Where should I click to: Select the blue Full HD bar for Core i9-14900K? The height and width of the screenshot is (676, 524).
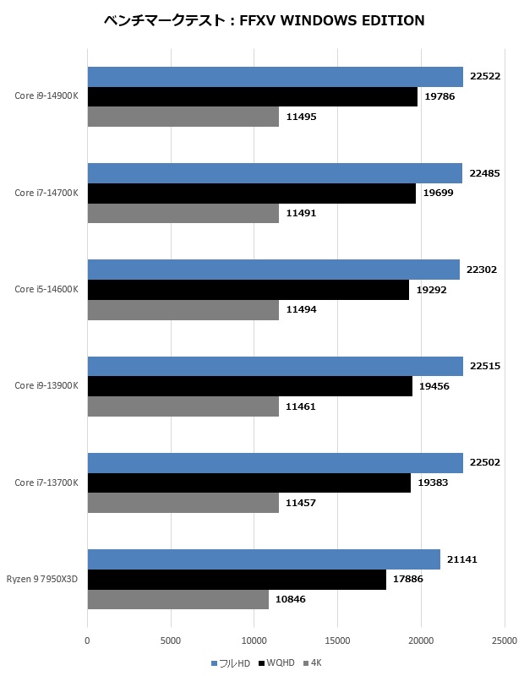[x=275, y=77]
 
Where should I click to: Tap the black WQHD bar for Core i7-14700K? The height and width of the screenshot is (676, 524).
[x=251, y=194]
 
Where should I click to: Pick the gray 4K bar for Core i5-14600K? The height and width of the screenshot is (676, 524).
[x=183, y=310]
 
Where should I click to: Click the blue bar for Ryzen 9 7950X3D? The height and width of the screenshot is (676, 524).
[x=264, y=559]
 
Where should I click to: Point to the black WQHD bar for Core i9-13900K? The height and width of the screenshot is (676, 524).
[x=249, y=386]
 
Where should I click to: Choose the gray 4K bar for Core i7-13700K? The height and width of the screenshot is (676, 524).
[x=183, y=503]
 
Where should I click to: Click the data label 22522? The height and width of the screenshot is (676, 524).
[x=485, y=77]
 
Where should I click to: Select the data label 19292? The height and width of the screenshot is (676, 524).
[x=431, y=290]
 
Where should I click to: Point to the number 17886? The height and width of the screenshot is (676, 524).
[x=408, y=580]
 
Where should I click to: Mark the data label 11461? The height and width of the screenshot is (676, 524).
[x=301, y=406]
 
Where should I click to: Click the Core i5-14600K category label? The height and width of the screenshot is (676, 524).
[x=46, y=290]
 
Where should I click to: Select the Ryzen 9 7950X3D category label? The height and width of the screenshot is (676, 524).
[x=42, y=580]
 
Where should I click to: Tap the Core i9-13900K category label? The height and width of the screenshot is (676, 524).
[x=46, y=386]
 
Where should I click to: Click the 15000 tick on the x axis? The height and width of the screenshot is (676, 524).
[x=337, y=641]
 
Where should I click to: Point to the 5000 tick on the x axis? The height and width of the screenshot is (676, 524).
[x=171, y=641]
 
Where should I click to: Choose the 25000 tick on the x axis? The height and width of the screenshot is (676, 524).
[x=505, y=641]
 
